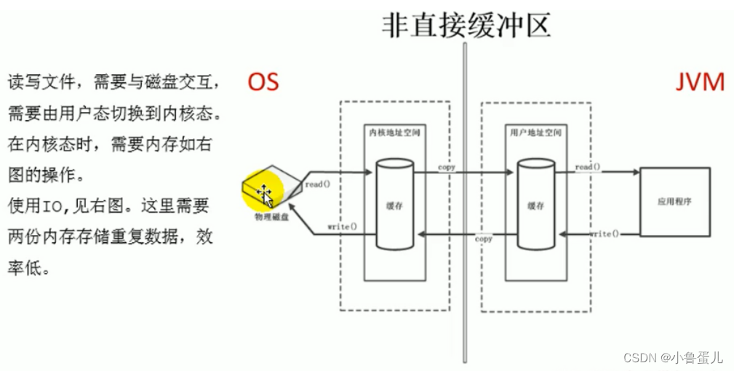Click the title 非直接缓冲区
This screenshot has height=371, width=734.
point(466,23)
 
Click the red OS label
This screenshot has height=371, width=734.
point(263,81)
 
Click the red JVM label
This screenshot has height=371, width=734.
point(699,81)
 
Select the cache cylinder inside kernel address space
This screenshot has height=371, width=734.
point(394,206)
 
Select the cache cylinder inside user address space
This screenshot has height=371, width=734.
point(536,206)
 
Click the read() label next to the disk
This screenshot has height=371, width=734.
point(318,184)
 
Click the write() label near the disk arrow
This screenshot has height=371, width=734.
point(342,226)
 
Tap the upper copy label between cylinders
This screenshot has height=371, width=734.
point(447,167)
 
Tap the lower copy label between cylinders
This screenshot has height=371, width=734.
point(484,239)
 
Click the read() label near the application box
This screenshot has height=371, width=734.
point(588,167)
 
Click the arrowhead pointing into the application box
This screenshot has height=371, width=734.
point(635,172)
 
